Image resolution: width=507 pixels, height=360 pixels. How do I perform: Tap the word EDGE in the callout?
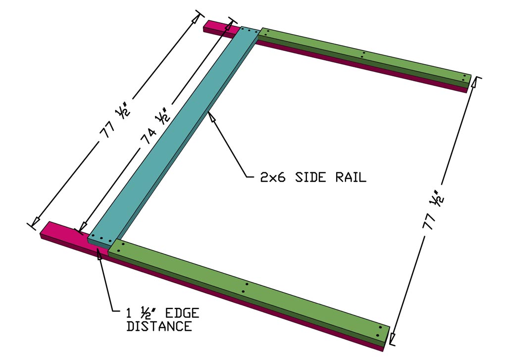coord(180,313)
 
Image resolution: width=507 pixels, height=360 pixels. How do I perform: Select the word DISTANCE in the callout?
coord(159,326)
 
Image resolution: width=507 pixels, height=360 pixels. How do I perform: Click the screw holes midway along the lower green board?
coord(245,288)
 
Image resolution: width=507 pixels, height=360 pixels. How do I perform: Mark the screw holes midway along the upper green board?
coord(363,54)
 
